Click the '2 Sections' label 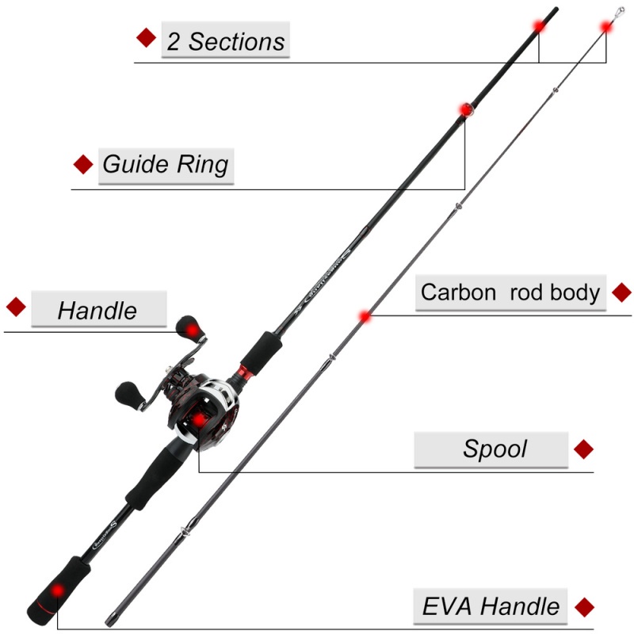tap(226, 40)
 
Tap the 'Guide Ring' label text tap(166, 165)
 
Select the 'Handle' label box tap(97, 309)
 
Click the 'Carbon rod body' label tap(510, 292)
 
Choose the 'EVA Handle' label tap(491, 607)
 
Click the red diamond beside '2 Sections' tap(146, 37)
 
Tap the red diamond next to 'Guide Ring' tap(82, 164)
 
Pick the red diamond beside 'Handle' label tap(16, 307)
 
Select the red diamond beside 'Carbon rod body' tap(622, 292)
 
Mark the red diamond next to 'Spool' tap(583, 449)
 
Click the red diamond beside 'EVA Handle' tap(585, 607)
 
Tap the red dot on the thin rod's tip tap(606, 26)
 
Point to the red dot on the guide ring tap(466, 109)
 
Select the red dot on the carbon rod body tap(365, 316)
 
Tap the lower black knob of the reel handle tap(128, 392)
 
